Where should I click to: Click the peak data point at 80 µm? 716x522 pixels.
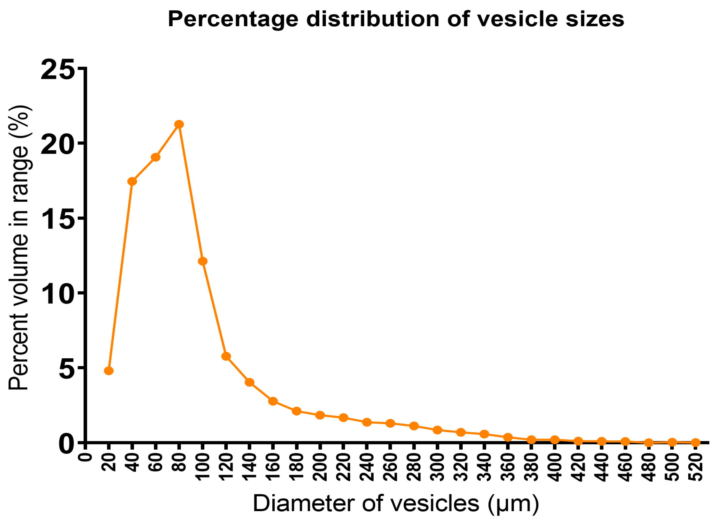click(x=179, y=124)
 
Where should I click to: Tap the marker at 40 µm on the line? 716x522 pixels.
click(x=132, y=181)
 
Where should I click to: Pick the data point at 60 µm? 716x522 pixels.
click(x=155, y=157)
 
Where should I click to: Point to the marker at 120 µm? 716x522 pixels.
click(x=226, y=356)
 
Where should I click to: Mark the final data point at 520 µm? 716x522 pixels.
click(x=695, y=442)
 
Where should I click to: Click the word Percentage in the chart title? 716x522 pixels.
click(x=233, y=20)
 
